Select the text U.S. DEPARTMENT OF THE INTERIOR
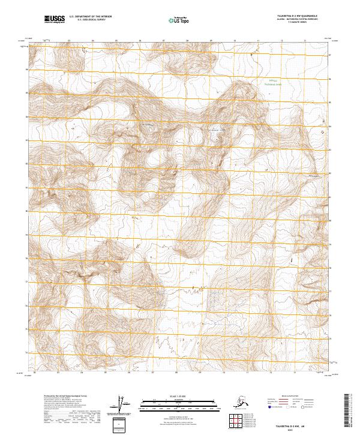90,18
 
